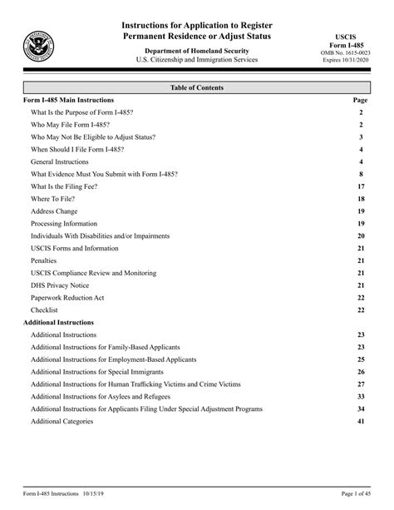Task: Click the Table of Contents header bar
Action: click(196, 87)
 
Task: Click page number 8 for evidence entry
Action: click(362, 174)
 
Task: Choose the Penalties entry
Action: click(45, 260)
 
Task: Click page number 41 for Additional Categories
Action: click(361, 422)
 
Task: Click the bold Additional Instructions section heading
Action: click(58, 322)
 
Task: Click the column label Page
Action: click(361, 99)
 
